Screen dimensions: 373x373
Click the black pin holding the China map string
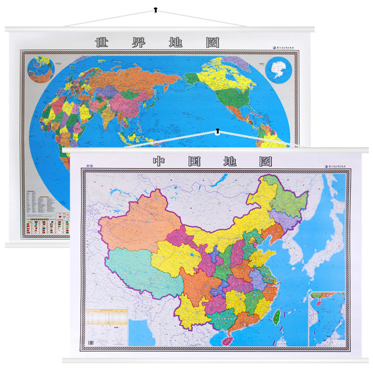pos(217,131)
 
